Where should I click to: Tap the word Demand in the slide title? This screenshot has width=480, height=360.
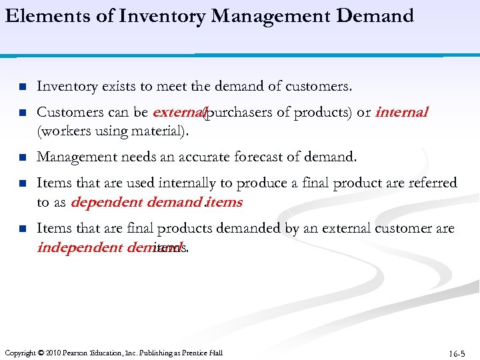pyautogui.click(x=375, y=15)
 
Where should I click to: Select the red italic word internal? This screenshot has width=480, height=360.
pyautogui.click(x=401, y=112)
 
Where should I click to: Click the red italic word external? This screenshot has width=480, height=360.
pyautogui.click(x=178, y=112)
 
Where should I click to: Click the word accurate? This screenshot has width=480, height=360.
pyautogui.click(x=217, y=157)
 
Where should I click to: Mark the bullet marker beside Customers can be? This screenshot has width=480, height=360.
pyautogui.click(x=21, y=113)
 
